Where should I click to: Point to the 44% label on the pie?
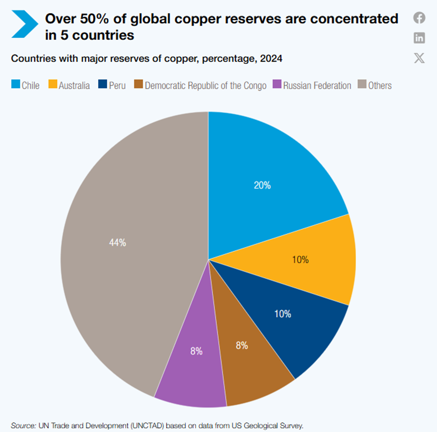click(117, 243)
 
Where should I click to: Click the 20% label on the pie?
click(262, 185)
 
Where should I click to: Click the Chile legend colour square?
click(15, 85)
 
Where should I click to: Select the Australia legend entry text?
click(74, 86)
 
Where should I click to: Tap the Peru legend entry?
click(117, 86)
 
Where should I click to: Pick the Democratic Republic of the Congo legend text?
click(205, 86)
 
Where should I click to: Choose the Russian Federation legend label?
click(317, 86)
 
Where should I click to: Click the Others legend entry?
click(380, 86)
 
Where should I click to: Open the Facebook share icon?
click(419, 19)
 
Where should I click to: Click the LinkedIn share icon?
click(419, 38)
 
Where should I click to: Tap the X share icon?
click(419, 58)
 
